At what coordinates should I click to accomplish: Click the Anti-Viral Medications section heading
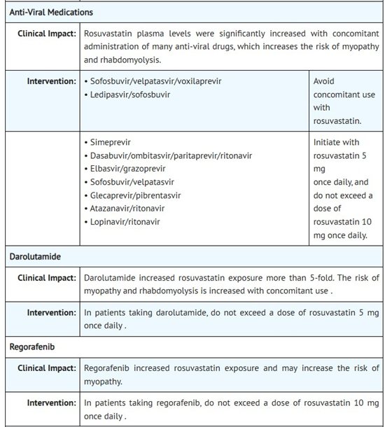50,13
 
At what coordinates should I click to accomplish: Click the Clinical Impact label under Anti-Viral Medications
47,33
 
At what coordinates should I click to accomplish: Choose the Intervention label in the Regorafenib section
52,402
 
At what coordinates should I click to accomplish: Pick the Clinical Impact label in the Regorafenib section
47,367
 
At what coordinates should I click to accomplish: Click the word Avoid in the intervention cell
325,81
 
